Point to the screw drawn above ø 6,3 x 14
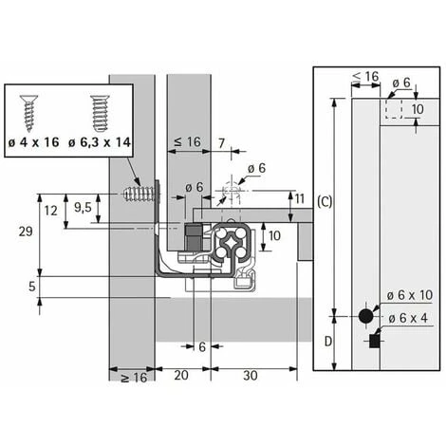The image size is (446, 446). pos(97,112)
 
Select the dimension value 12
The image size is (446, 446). pos(51,210)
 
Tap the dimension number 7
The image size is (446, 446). pos(221,142)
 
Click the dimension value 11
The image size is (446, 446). pos(300,198)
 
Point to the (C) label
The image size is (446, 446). pos(325,202)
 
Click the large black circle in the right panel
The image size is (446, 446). pos(366,315)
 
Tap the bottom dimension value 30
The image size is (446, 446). pos(250,376)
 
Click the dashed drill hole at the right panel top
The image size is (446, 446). pos(394,111)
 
